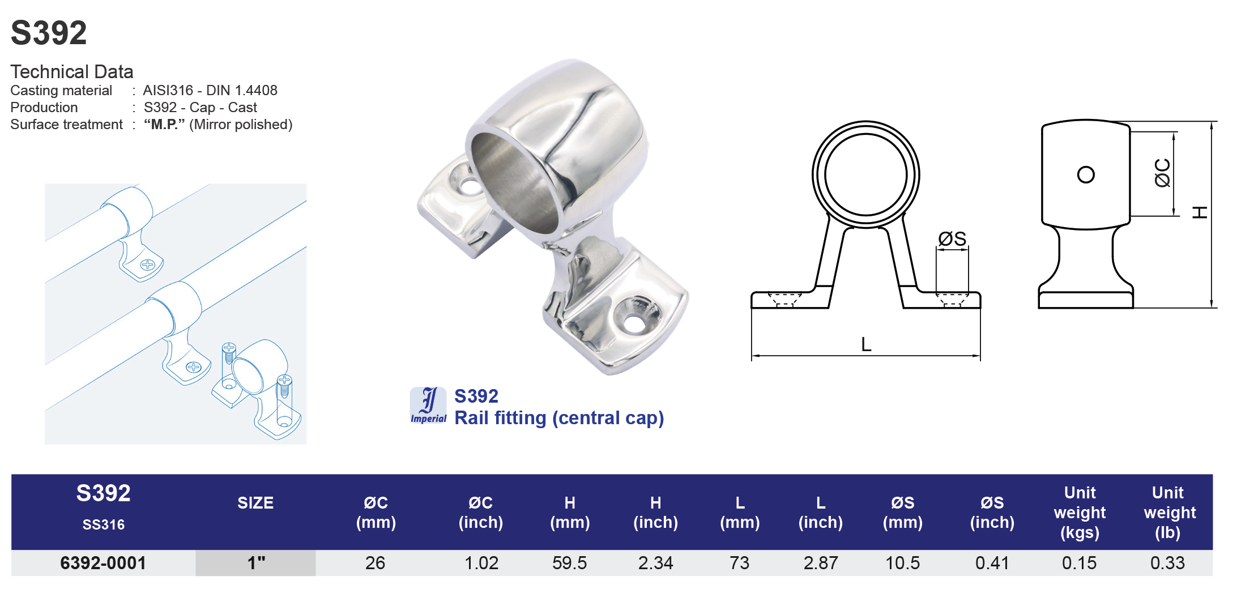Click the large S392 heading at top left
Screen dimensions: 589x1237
click(x=49, y=33)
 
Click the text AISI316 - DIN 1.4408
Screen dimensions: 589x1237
click(x=210, y=91)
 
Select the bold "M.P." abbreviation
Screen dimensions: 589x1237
click(x=164, y=125)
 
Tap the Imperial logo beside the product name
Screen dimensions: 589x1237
click(x=428, y=406)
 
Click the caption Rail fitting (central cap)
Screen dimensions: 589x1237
click(x=558, y=418)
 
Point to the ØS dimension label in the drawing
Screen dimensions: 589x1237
click(x=952, y=239)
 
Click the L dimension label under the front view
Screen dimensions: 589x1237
click(x=866, y=344)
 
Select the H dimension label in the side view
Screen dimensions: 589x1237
click(x=1199, y=213)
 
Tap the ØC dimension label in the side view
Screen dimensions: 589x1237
click(x=1162, y=173)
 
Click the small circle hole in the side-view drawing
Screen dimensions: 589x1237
click(x=1086, y=174)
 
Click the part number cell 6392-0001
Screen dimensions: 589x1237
click(x=103, y=563)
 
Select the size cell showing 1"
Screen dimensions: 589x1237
click(x=256, y=563)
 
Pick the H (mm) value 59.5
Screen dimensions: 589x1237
click(x=569, y=563)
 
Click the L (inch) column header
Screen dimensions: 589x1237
click(x=820, y=512)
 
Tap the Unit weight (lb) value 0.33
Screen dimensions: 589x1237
click(x=1167, y=563)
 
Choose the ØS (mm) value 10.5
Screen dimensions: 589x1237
click(x=902, y=563)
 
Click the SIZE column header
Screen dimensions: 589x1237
click(x=255, y=503)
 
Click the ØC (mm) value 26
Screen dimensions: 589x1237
click(x=375, y=563)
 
